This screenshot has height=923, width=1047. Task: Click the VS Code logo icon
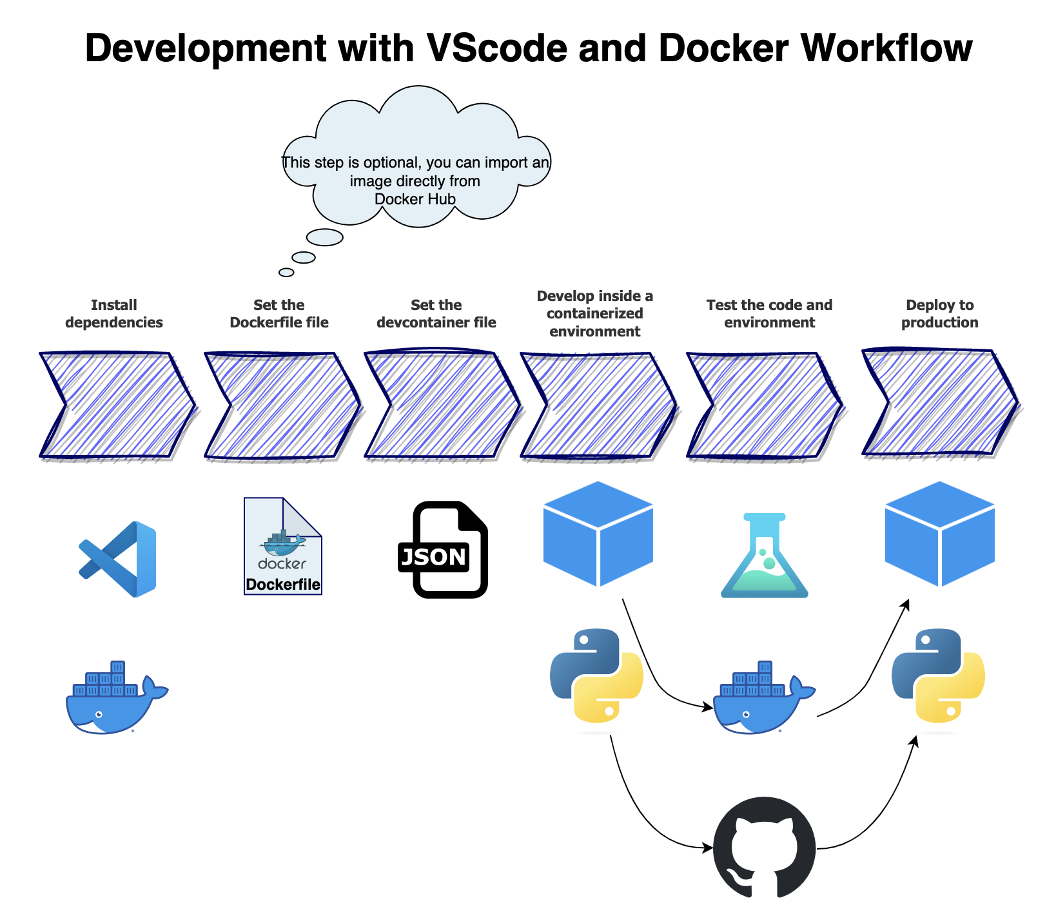117,559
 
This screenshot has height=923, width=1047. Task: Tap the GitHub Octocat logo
764,847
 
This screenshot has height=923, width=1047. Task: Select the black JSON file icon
442,550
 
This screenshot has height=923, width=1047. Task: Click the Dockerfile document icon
283,546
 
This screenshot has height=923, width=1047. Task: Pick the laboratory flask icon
765,555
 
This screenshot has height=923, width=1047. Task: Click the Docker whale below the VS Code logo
117,697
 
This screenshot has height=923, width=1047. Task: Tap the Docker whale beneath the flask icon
764,697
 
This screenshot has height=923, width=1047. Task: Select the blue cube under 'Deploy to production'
940,534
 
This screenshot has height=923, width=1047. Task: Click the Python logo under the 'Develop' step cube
596,675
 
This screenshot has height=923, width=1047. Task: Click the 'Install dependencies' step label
114,314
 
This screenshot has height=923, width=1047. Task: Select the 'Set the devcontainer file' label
436,314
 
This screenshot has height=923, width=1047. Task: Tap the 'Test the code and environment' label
770,314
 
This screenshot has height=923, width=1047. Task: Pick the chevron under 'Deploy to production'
941,402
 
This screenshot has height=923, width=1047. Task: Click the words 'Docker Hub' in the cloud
415,199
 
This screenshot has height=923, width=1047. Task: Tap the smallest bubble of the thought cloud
286,272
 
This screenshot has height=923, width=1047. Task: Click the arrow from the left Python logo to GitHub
642,813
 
